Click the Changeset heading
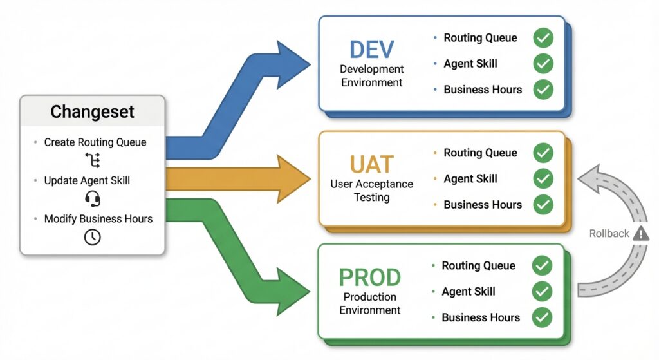tap(92, 111)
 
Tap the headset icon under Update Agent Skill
tap(92, 198)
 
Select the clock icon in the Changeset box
tap(92, 237)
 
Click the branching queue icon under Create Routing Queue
tap(92, 160)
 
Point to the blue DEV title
tap(371, 50)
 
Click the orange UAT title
tap(371, 165)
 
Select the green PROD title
tap(369, 278)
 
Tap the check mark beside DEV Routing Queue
tap(543, 38)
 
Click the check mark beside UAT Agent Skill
tap(543, 178)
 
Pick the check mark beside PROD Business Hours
tap(542, 317)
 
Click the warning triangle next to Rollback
tap(641, 233)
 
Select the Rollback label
tap(609, 234)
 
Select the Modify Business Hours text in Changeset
tap(98, 219)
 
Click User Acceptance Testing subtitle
tap(371, 191)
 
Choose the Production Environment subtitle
tap(369, 303)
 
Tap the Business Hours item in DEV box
tap(482, 90)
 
